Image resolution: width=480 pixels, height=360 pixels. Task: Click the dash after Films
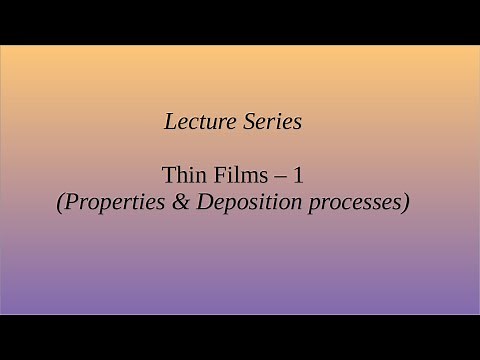[280, 175]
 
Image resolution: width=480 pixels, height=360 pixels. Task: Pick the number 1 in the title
[298, 174]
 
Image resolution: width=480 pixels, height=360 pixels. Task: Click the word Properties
[108, 201]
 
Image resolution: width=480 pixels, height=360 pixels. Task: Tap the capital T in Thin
[167, 174]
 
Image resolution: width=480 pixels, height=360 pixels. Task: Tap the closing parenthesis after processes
[406, 201]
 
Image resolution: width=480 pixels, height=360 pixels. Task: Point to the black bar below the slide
[240, 337]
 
